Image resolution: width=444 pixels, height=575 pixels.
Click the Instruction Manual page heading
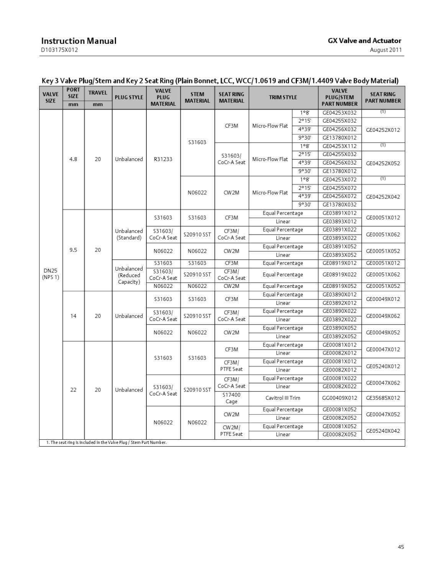click(x=79, y=41)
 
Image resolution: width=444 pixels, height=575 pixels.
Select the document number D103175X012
click(x=59, y=50)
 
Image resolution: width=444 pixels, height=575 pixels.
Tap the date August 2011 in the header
click(x=386, y=50)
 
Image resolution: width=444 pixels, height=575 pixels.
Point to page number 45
click(x=401, y=547)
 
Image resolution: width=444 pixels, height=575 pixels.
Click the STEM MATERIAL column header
click(x=197, y=97)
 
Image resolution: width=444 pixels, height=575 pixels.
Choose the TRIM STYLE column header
click(x=283, y=97)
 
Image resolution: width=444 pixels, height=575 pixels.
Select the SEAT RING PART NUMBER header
click(x=383, y=97)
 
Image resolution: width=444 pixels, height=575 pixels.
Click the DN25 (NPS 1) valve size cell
click(x=51, y=274)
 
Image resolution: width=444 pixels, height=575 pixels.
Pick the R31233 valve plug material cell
click(x=163, y=159)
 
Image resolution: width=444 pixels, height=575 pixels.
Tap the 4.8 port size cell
click(x=73, y=159)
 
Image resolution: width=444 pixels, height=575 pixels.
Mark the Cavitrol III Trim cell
click(x=283, y=398)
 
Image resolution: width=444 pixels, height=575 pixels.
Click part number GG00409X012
click(x=339, y=398)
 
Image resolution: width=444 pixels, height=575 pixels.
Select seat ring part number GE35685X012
click(x=383, y=398)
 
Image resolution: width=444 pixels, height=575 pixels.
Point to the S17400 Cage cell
click(x=231, y=398)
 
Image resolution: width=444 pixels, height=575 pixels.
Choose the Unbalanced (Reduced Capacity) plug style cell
click(x=129, y=275)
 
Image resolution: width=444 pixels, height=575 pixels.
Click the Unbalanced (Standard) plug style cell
click(x=129, y=234)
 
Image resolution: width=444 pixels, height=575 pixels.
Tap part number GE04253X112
click(x=339, y=146)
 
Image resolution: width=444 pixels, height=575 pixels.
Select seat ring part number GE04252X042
click(x=383, y=197)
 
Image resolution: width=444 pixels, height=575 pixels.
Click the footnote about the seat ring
click(x=106, y=442)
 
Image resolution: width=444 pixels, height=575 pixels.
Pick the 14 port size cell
click(x=73, y=316)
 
